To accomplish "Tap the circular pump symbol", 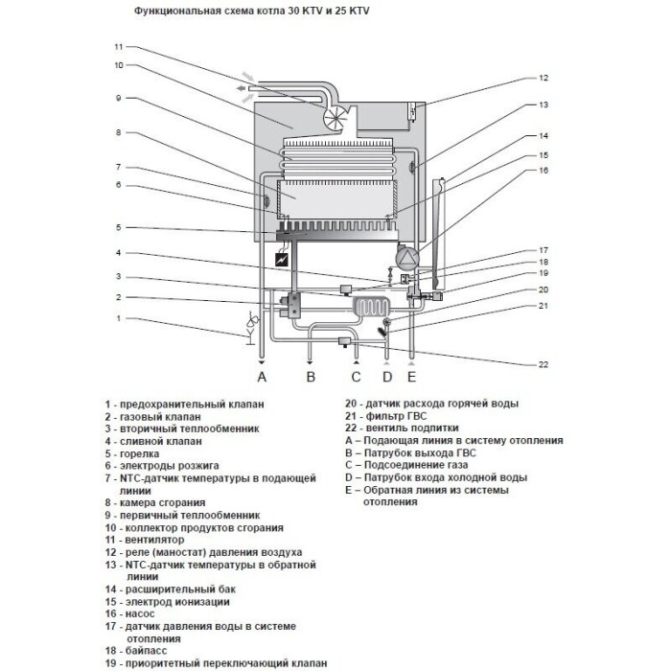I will click(x=407, y=258).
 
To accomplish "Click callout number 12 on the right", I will click(x=542, y=78).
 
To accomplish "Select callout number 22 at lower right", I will click(x=542, y=364).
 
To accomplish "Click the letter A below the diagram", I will click(x=261, y=377).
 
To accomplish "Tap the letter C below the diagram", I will click(x=357, y=377).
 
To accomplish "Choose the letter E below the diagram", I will click(x=412, y=377).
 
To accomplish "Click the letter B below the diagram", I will click(x=311, y=377).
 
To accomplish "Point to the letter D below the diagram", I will click(x=388, y=377).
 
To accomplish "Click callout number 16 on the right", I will click(x=542, y=171).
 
